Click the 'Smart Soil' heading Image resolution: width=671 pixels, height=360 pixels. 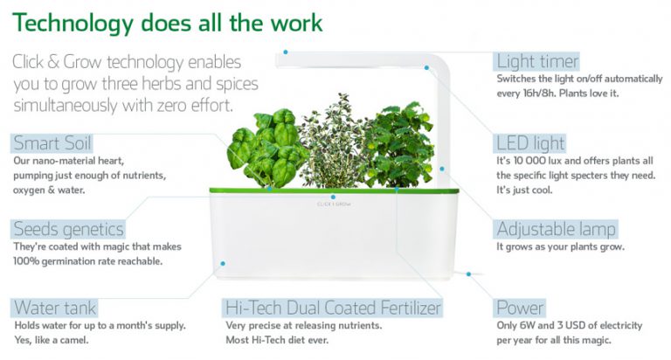(52, 143)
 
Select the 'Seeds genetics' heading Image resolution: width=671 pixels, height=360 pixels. (68, 229)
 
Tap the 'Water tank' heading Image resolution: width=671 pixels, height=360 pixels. (54, 308)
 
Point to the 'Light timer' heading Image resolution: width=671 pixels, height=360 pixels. (537, 61)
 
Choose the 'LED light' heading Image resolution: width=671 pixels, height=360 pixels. (530, 143)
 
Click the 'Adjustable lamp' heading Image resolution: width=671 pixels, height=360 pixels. (556, 229)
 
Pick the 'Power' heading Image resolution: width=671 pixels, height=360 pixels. (520, 308)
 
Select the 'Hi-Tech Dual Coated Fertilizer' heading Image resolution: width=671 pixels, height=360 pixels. (333, 308)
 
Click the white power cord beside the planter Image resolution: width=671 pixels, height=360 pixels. (476, 276)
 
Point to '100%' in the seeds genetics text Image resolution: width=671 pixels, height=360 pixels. (27, 260)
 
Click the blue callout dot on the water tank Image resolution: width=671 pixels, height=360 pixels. (224, 262)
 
